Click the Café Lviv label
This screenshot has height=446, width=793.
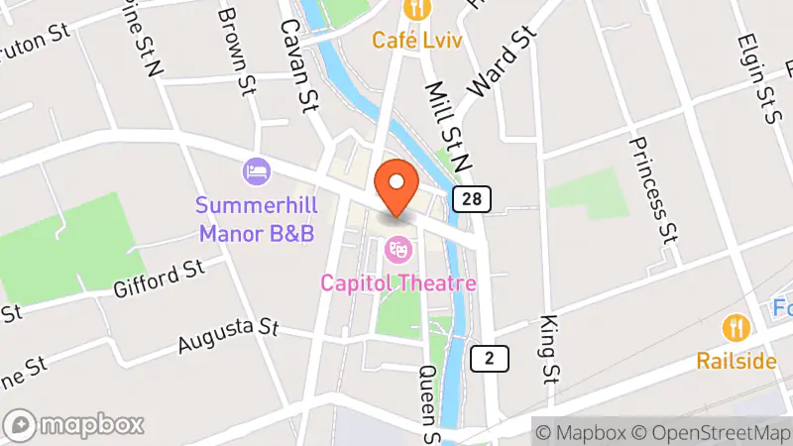tap(419, 41)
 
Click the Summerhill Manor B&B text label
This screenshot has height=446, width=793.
tap(255, 220)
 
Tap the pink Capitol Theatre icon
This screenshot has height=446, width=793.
tap(398, 247)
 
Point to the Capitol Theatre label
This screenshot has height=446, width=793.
tap(398, 283)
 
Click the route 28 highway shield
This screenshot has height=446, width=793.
tap(472, 199)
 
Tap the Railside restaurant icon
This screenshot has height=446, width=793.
tap(735, 325)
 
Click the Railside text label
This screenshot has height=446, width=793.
tap(736, 360)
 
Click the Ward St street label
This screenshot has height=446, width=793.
tap(500, 60)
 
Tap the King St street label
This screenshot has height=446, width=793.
tap(547, 349)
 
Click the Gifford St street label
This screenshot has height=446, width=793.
tap(158, 279)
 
